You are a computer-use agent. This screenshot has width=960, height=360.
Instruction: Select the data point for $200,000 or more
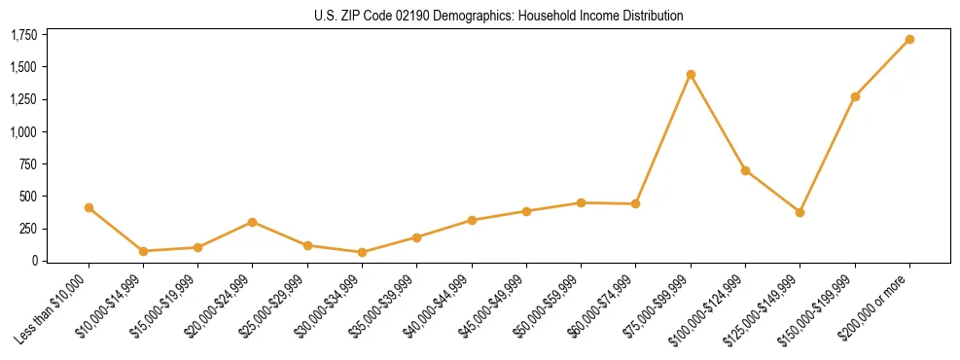(x=909, y=40)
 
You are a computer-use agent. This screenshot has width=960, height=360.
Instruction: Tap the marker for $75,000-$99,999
(x=691, y=74)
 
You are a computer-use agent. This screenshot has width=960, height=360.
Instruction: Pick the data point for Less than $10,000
(x=89, y=207)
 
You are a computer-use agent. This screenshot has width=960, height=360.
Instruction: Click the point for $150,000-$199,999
(x=855, y=96)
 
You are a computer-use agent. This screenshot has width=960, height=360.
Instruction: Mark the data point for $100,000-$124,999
(x=745, y=170)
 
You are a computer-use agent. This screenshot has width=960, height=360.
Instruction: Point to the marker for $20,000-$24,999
(x=253, y=222)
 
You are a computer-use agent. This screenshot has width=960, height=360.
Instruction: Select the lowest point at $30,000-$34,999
(x=362, y=252)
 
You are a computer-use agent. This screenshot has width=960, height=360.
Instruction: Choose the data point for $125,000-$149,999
(x=800, y=212)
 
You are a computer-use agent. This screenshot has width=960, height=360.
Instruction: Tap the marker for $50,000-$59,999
(x=581, y=202)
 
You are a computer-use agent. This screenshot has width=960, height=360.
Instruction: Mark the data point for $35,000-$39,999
(x=416, y=237)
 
